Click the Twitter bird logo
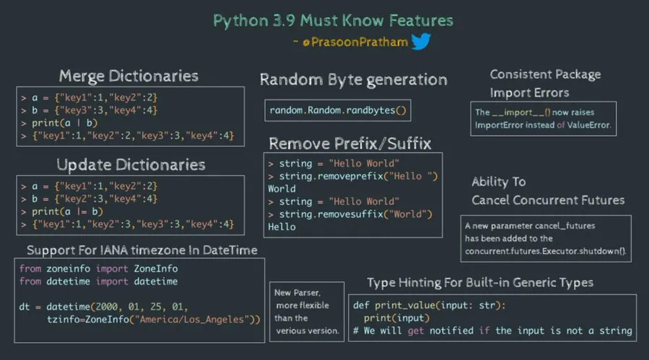click(x=420, y=41)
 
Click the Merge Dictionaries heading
click(x=129, y=76)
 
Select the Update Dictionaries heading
click(x=131, y=165)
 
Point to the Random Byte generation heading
click(x=353, y=79)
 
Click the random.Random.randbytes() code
click(x=337, y=111)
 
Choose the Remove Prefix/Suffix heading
click(x=350, y=143)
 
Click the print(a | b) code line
click(x=65, y=123)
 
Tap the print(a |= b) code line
click(x=67, y=211)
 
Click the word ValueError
click(x=589, y=125)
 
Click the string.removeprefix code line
click(x=358, y=176)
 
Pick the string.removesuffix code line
click(x=355, y=214)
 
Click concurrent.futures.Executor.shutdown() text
click(x=546, y=251)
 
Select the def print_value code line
click(x=429, y=305)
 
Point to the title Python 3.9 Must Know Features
click(x=333, y=21)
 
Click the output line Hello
click(x=282, y=227)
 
